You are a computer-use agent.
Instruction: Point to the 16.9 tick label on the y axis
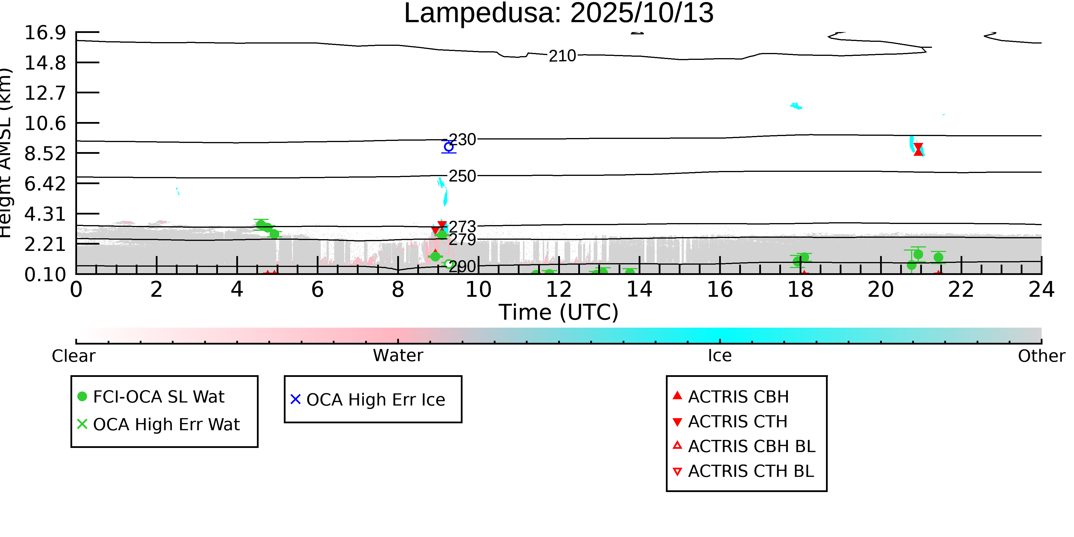click(45, 33)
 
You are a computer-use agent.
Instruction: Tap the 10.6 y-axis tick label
click(45, 123)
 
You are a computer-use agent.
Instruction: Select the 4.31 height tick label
click(45, 214)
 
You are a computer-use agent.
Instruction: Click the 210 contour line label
click(562, 56)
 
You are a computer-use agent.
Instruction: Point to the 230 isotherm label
click(462, 140)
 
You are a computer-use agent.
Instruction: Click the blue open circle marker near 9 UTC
click(449, 147)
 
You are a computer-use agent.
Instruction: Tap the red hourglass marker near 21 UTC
click(918, 149)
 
